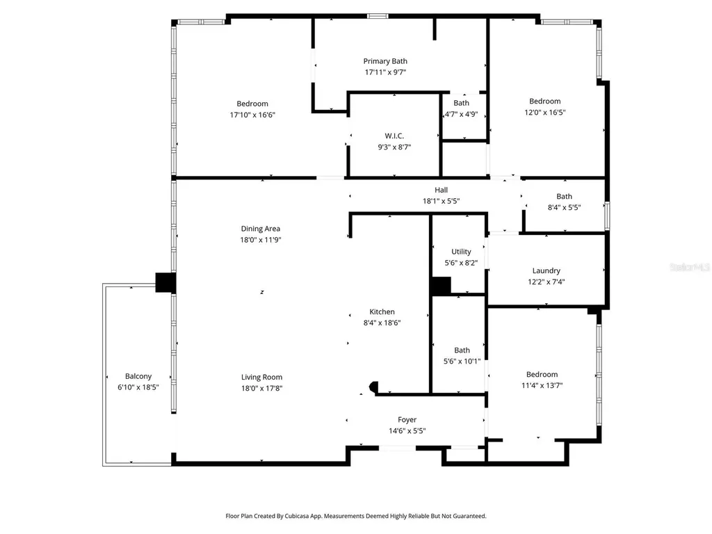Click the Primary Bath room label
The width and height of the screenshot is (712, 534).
[x=385, y=61]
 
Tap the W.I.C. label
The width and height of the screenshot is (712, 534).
[x=394, y=136]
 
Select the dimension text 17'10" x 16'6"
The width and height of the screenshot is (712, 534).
[x=252, y=115]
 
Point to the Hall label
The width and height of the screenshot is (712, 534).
[x=441, y=190]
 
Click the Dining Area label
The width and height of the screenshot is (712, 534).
[x=260, y=229]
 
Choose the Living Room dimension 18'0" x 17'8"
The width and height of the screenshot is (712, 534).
[x=261, y=388]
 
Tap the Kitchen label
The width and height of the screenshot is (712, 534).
[x=382, y=312]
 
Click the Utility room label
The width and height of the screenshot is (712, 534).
[x=461, y=252]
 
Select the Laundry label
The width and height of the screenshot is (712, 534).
[x=547, y=270]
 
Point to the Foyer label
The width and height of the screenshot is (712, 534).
[x=407, y=420]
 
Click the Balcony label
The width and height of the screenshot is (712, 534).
[x=138, y=376]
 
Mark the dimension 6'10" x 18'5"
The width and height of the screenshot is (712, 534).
[x=138, y=387]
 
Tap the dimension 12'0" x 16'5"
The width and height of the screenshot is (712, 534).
[x=545, y=112]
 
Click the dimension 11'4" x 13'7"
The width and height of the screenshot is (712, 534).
[x=542, y=385]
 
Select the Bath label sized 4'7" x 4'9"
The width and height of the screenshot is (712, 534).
[x=461, y=103]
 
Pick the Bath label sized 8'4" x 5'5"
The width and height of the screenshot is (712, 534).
[x=564, y=197]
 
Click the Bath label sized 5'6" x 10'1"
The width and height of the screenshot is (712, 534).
[x=462, y=350]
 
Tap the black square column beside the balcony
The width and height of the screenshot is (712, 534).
[x=165, y=282]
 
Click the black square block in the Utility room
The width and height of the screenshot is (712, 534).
[x=440, y=286]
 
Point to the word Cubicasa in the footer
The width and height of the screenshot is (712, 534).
[x=298, y=516]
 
